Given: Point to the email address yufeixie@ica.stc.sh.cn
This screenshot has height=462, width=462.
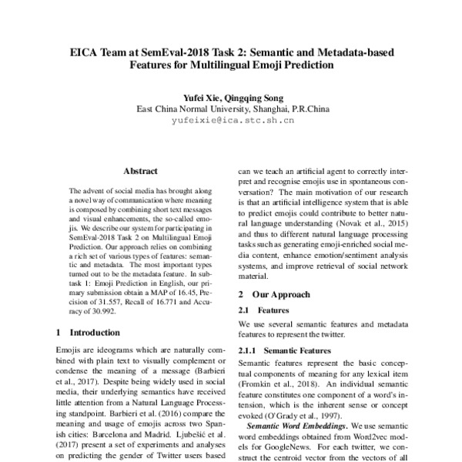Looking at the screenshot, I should tap(232, 121).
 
